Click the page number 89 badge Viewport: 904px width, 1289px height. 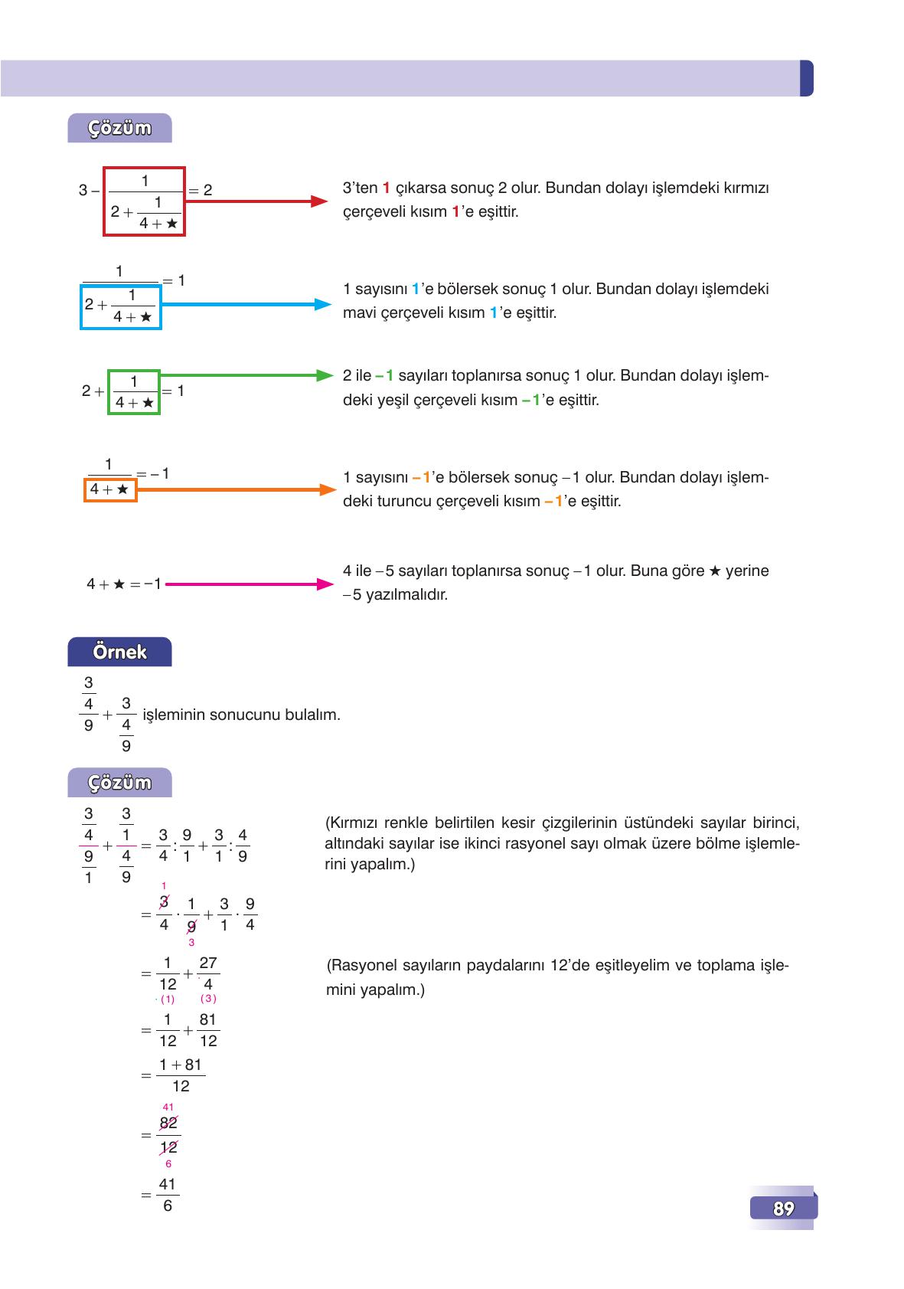click(783, 1209)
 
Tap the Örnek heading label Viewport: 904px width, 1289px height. click(119, 652)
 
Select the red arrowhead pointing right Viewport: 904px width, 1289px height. click(320, 201)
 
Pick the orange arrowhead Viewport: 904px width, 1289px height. click(327, 489)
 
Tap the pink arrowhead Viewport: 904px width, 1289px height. click(325, 584)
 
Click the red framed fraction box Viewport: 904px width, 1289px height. click(145, 202)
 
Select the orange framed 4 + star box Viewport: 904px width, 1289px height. click(110, 489)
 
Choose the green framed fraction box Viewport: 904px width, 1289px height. click(134, 392)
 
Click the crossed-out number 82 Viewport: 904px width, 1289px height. click(168, 1123)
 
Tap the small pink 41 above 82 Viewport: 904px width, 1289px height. click(168, 1107)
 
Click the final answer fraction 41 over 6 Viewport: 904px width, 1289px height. click(168, 1195)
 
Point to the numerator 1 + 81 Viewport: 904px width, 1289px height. click(181, 1065)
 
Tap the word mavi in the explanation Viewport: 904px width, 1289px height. click(357, 312)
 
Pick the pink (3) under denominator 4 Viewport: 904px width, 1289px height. click(208, 999)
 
